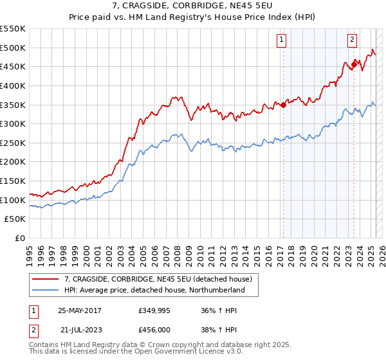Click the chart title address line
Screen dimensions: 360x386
point(192,7)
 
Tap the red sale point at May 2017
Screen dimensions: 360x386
point(283,105)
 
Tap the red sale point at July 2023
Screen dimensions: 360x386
point(354,64)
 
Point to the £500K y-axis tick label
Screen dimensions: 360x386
point(13,48)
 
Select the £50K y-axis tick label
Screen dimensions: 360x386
point(15,219)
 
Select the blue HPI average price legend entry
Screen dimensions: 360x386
point(154,290)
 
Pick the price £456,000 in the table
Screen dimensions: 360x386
point(155,329)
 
